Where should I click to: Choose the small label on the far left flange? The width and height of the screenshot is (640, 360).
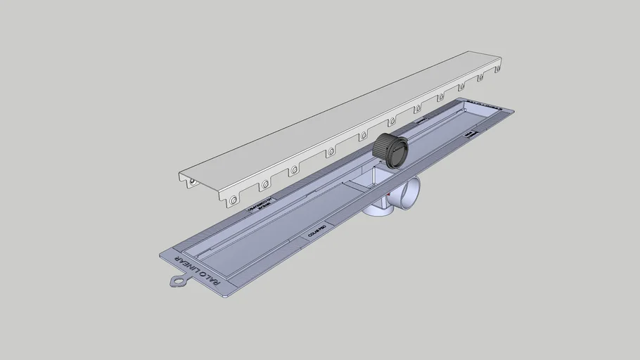(421, 120)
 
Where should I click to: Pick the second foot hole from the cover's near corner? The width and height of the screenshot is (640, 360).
(264, 185)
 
